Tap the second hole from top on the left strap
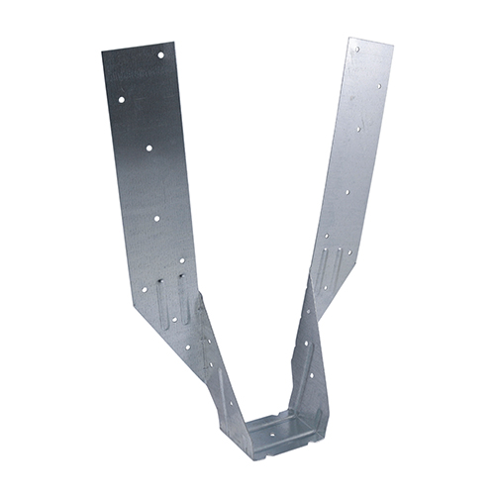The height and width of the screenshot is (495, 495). [x=121, y=100]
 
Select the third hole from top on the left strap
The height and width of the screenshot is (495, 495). [x=149, y=148]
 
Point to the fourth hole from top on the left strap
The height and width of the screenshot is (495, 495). [x=155, y=214]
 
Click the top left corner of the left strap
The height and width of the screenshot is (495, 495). [x=102, y=51]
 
